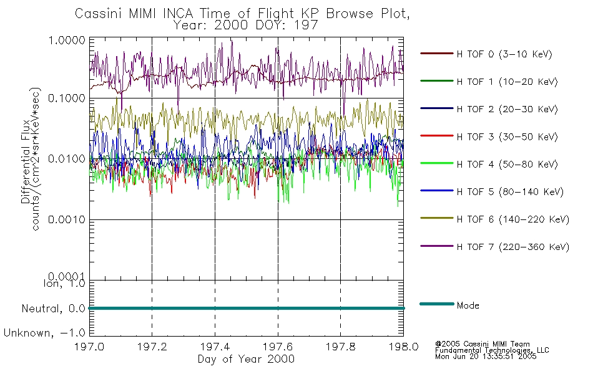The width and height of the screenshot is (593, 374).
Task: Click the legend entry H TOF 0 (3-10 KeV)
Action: (x=504, y=54)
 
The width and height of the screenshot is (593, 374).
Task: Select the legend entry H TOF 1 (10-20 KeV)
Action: (x=507, y=82)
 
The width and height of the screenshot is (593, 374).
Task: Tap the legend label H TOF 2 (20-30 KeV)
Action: (x=507, y=109)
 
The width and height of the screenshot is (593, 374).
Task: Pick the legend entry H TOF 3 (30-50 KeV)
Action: (x=507, y=137)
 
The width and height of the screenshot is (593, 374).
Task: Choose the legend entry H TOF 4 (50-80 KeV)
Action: (x=507, y=165)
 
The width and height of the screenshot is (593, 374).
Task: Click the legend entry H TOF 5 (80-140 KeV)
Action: (x=510, y=192)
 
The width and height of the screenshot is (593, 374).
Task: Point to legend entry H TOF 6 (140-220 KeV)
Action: (x=513, y=219)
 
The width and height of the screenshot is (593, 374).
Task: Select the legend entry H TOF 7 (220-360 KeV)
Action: (x=513, y=247)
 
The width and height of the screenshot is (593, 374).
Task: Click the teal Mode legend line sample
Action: (x=437, y=304)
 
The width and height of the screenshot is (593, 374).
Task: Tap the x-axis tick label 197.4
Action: (x=215, y=347)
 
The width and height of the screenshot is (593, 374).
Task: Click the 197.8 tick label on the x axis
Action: (x=340, y=347)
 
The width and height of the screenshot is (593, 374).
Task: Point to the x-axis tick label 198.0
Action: (x=403, y=347)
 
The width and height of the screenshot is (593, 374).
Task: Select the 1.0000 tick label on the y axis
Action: (x=67, y=40)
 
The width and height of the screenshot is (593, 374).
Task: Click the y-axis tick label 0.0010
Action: (x=67, y=219)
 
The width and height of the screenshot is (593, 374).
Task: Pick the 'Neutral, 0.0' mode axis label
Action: (x=54, y=309)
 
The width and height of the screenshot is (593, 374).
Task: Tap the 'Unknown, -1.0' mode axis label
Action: (x=44, y=333)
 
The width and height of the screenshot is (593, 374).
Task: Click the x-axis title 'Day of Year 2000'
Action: (x=246, y=359)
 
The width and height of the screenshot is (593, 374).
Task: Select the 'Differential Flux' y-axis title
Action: (x=26, y=161)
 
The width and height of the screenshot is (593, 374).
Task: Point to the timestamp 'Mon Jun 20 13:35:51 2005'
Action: (x=486, y=357)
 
